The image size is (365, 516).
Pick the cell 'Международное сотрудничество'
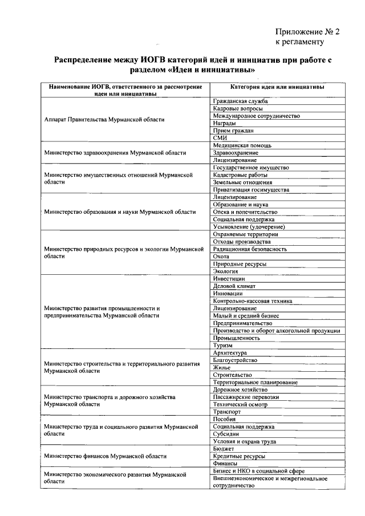256,116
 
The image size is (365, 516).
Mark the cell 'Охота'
221,257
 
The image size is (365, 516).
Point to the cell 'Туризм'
223,346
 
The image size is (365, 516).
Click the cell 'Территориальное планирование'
255,382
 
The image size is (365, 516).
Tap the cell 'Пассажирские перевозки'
246,397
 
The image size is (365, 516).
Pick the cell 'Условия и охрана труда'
245,441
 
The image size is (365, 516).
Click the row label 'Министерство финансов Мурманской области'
106,456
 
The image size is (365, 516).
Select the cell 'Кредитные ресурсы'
239,456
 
